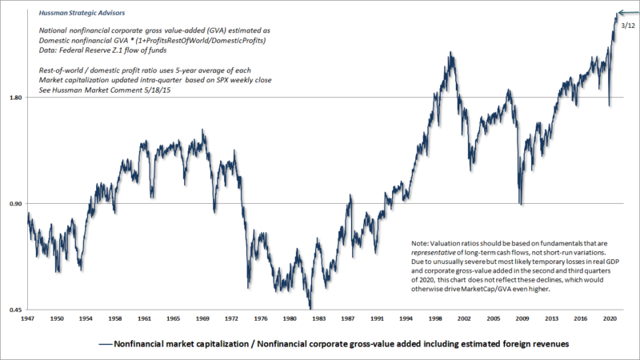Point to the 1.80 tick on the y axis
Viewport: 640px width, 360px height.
(x=15, y=98)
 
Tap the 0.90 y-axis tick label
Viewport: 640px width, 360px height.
(x=15, y=203)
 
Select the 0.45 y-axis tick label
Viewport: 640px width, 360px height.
(x=15, y=310)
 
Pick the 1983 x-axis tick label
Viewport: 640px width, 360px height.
(x=318, y=318)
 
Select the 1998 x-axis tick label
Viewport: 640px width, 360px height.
(x=436, y=318)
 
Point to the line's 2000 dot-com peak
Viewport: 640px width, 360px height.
(x=453, y=54)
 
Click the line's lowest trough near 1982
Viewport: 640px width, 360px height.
(x=310, y=307)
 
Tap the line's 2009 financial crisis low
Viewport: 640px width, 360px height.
(x=522, y=204)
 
